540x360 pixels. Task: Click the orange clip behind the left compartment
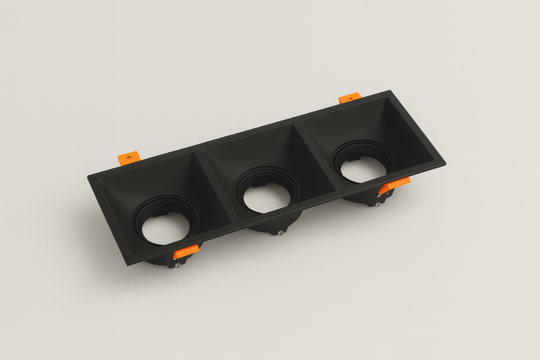coord(129,158)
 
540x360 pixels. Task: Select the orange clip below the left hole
coord(186,251)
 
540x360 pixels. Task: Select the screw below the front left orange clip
coord(178,265)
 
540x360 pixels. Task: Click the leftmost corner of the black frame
coord(88,176)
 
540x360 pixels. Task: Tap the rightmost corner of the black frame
coord(445,163)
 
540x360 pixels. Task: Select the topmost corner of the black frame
coord(390,91)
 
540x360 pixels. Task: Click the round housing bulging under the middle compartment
coord(274,225)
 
